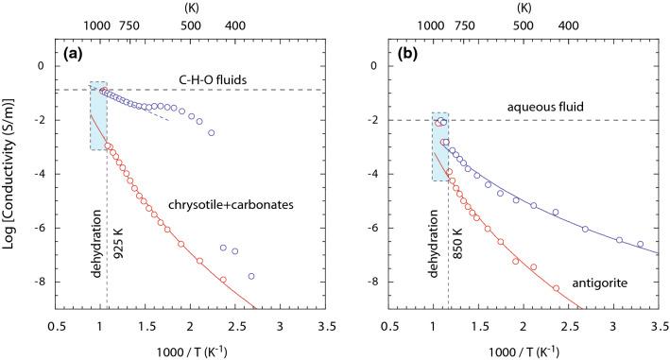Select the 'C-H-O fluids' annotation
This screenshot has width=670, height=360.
pyautogui.click(x=210, y=79)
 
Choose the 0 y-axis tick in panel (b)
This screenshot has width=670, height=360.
pyautogui.click(x=385, y=66)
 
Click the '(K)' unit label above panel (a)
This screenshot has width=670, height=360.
pyautogui.click(x=179, y=8)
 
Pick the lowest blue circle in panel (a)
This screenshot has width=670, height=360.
pyautogui.click(x=251, y=276)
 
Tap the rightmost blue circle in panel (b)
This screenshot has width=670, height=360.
pyautogui.click(x=640, y=244)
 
